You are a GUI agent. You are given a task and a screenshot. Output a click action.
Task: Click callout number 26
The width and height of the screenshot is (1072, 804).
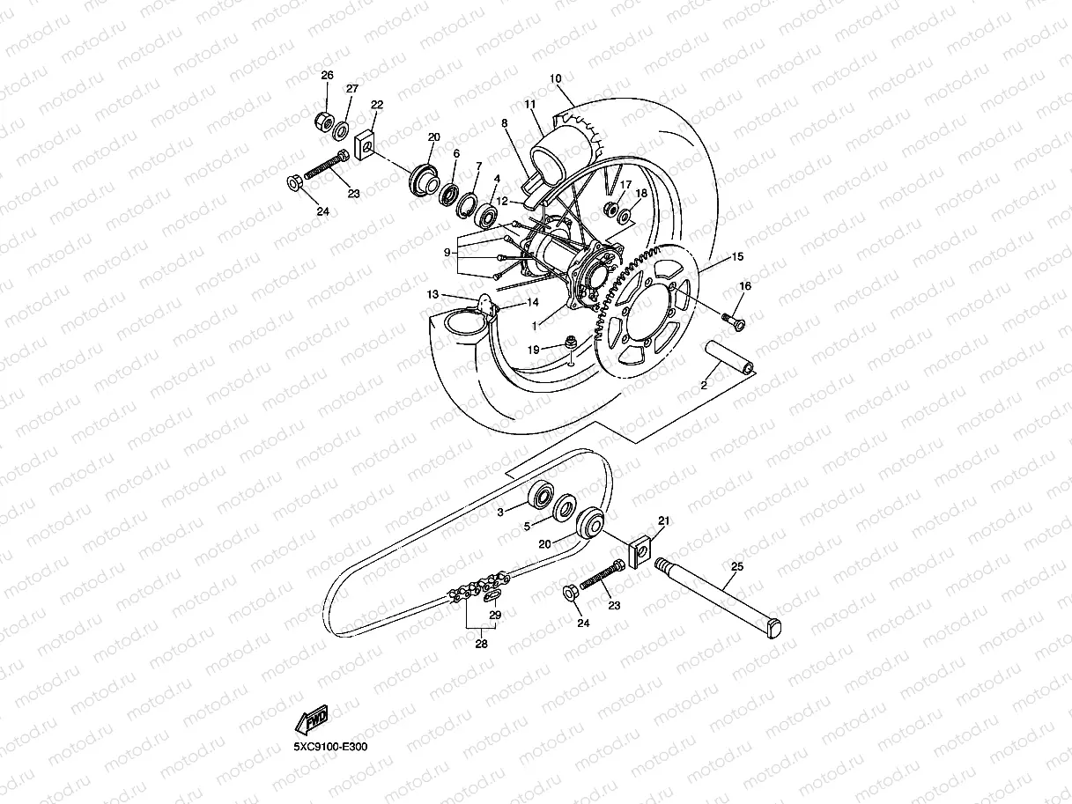327,76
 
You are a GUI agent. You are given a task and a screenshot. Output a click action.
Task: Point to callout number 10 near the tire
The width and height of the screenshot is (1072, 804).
555,78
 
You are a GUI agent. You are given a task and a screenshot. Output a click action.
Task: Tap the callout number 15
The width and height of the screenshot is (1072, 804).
737,257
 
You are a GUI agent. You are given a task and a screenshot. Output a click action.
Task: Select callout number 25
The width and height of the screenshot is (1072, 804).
736,566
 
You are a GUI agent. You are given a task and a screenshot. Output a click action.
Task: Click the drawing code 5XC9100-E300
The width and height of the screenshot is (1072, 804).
330,748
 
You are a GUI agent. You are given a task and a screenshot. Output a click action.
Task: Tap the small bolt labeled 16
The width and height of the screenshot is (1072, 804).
733,321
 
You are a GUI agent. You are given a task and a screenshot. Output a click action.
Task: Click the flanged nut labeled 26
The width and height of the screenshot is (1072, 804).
322,120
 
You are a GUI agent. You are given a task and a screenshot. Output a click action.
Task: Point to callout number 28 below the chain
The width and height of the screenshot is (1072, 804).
481,644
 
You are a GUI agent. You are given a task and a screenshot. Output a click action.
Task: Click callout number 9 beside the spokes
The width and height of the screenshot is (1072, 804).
447,252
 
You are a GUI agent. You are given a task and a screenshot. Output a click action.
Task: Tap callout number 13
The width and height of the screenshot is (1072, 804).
432,293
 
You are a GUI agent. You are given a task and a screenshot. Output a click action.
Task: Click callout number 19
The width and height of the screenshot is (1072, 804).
534,350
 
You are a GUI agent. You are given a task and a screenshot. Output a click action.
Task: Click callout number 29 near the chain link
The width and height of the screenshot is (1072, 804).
495,615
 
